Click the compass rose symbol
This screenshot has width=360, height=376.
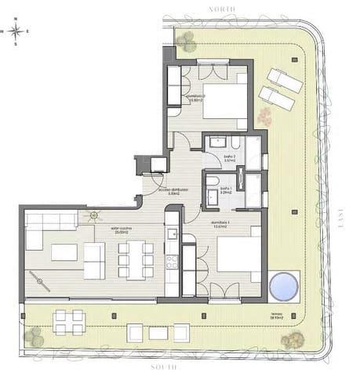pos(16,31)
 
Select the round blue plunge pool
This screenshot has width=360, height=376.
pos(284,285)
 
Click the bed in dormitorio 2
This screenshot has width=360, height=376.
pos(225,99)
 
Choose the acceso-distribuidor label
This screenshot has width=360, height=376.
pos(170,190)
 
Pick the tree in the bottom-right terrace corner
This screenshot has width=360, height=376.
pos(294,339)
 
